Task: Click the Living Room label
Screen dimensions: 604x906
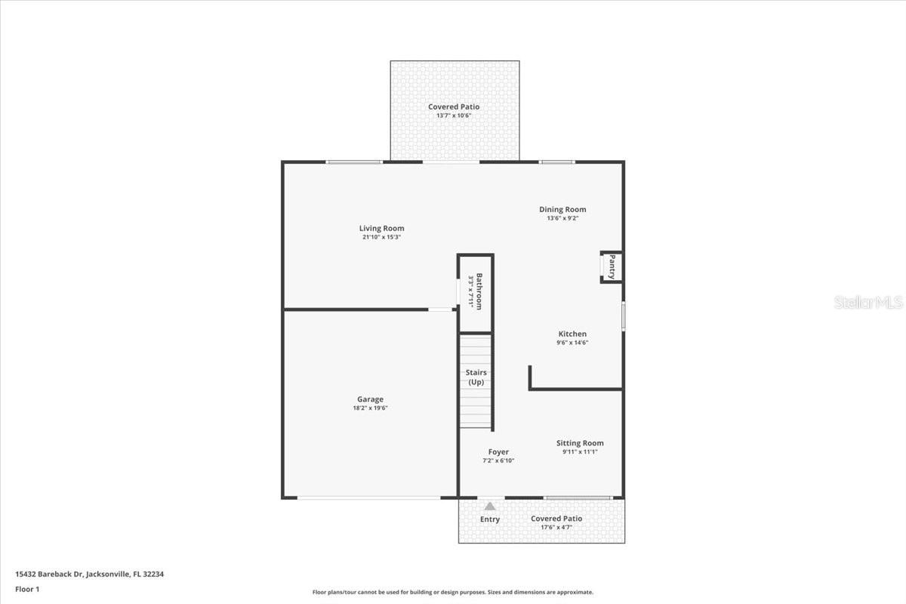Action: click(381, 228)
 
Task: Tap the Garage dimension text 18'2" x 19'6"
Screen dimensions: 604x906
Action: click(370, 408)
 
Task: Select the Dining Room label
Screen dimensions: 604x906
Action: click(562, 209)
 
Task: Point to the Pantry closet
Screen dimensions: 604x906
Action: click(612, 267)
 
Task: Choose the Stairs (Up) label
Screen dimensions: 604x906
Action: click(476, 377)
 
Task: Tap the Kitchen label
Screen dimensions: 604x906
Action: click(572, 334)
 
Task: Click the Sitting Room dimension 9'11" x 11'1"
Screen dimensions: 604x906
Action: click(580, 452)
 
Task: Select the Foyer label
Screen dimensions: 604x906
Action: click(498, 451)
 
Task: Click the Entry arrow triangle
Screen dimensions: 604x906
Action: click(490, 507)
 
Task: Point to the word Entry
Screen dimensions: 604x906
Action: click(490, 519)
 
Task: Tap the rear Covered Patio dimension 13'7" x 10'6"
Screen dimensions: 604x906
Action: click(454, 116)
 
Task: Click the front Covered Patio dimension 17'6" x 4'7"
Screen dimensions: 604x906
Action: click(556, 527)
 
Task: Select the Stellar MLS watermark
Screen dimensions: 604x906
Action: click(868, 303)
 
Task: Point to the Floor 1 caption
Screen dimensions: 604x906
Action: click(27, 589)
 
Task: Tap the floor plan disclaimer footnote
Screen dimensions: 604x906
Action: click(453, 593)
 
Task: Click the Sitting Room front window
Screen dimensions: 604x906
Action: click(578, 498)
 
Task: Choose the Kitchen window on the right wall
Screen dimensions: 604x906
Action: click(623, 316)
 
